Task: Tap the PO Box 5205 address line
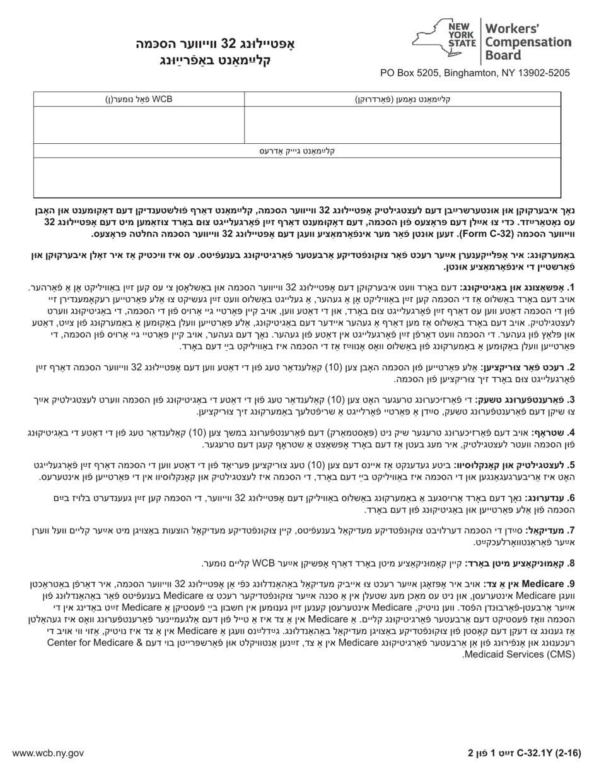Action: (x=475, y=73)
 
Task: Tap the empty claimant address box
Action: (x=297, y=177)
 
